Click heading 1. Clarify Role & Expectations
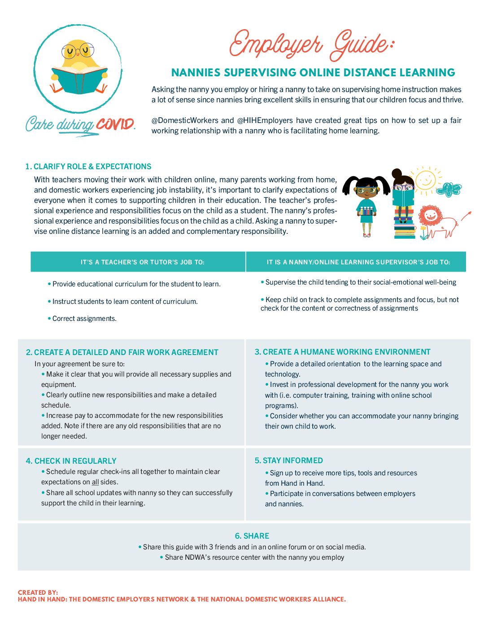88,167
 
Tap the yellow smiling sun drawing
425,180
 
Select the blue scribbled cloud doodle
449,189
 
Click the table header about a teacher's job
142,262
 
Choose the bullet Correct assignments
84,319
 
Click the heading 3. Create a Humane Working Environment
342,352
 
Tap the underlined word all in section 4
95,482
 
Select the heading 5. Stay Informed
288,461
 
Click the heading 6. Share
252,536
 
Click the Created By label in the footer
38,592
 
